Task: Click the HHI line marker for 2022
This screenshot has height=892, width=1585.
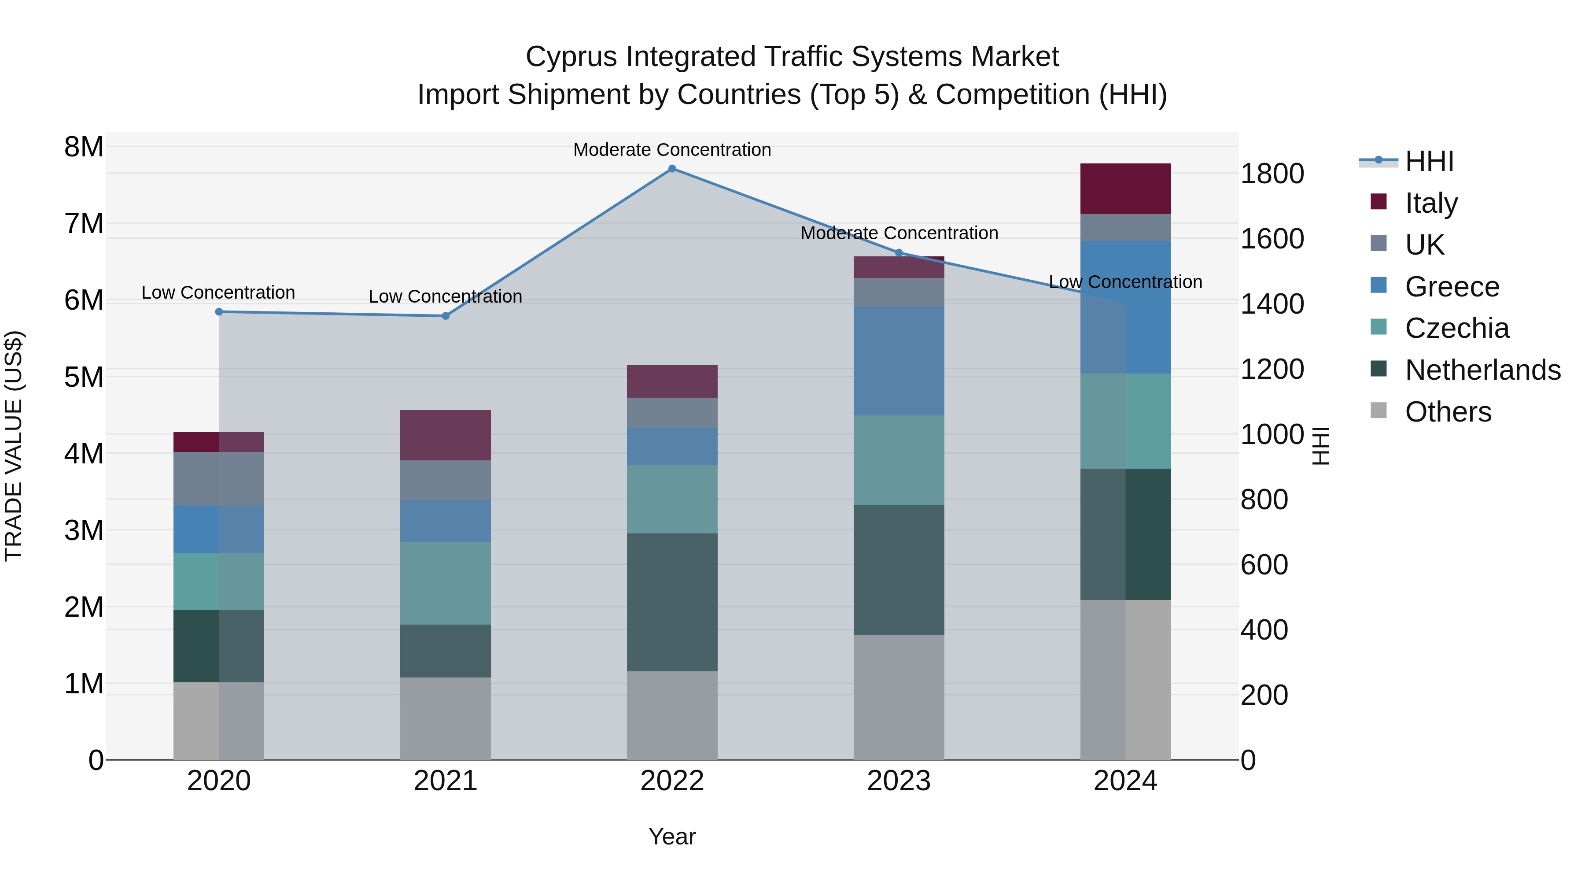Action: coord(672,169)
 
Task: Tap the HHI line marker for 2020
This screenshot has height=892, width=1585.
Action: coord(219,312)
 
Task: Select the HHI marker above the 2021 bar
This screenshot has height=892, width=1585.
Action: coord(446,316)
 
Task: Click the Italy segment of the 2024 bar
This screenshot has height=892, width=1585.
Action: coord(1125,189)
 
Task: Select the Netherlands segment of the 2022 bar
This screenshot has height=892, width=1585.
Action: coord(672,602)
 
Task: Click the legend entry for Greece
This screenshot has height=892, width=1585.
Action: coord(1452,287)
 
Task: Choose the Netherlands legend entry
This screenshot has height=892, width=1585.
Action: coord(1482,370)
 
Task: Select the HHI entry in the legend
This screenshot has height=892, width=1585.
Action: coord(1429,161)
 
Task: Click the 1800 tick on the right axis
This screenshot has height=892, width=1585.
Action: coord(1271,174)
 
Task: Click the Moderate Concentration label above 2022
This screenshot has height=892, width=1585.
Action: coord(672,150)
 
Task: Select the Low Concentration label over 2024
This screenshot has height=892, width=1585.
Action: coord(1125,282)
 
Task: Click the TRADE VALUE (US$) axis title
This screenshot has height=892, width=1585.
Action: coord(14,446)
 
